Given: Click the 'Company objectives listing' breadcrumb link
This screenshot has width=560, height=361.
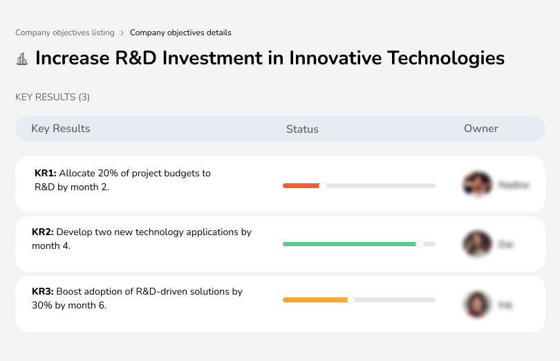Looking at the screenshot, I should pos(65,33).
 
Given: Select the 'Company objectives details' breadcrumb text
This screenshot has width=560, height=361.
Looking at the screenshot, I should pos(180,33).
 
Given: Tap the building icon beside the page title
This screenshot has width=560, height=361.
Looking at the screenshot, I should pos(21,59).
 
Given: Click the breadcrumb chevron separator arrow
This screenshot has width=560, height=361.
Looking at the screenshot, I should pos(122,33).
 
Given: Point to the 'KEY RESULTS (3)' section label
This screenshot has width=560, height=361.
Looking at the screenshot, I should pos(53,98).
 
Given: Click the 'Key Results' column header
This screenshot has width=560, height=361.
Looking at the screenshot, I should pos(60,129).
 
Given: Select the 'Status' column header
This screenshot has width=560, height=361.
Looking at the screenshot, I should pos(302,129).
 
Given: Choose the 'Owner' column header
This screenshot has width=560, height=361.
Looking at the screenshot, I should pos(480,129).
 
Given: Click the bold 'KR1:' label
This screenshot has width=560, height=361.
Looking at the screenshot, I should pos(45,173).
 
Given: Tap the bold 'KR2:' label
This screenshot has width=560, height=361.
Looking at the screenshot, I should pos(43,232).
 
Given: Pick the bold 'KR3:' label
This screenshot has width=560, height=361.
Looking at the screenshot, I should pos(43,292).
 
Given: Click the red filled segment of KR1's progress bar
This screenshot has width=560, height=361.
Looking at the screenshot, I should pos(301,185).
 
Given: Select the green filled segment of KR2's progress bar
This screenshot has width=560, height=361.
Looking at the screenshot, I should pos(348,244).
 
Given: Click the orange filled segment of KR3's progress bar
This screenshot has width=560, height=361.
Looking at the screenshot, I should pos(315,299).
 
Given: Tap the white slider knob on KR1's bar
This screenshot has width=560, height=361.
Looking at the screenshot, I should pos(322,185).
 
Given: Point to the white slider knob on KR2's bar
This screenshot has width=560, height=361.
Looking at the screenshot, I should pos(419,244).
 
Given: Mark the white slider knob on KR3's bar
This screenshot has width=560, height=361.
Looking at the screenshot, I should pos(351,299).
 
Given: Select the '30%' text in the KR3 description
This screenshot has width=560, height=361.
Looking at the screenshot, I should pos(42,305).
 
